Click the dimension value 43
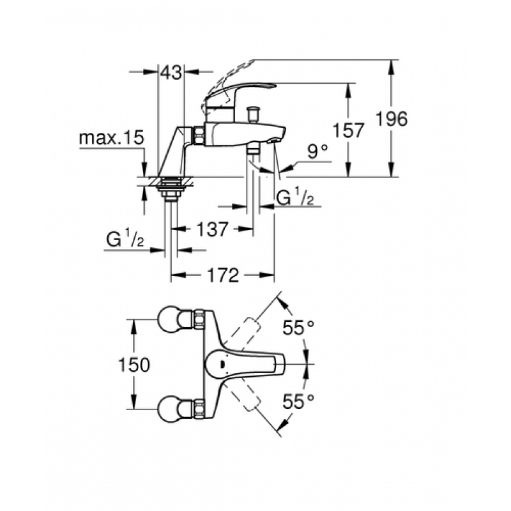point(171,72)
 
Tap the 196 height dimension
point(392,119)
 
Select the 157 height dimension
point(348,130)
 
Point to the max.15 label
point(111,138)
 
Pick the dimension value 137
point(211,229)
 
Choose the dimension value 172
point(223,276)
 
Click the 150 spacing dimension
point(134,364)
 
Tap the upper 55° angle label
point(298,328)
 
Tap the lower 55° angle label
point(298,401)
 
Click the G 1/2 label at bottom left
point(125,240)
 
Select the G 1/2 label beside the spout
point(295,197)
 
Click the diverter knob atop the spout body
point(252,113)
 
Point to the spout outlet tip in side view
point(274,140)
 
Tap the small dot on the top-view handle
point(222,364)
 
